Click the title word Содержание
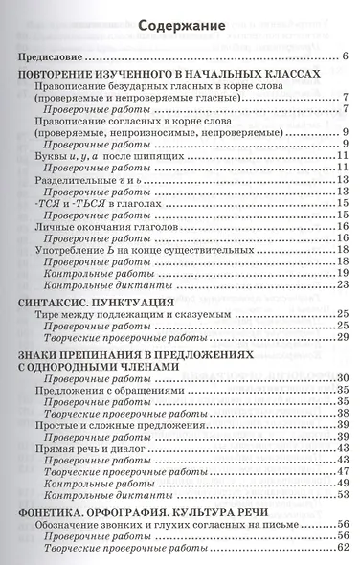click(x=179, y=26)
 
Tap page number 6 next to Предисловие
click(x=343, y=58)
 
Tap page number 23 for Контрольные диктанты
click(x=341, y=284)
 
